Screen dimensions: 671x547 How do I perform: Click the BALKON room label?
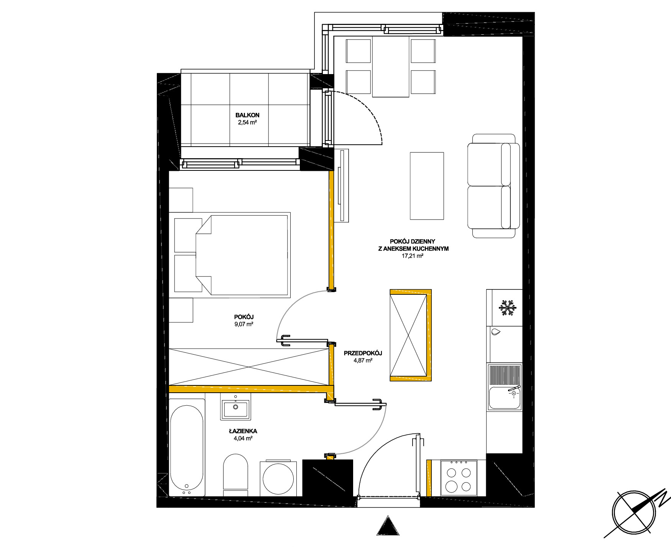(x=247, y=115)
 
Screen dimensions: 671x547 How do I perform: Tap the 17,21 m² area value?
(x=412, y=256)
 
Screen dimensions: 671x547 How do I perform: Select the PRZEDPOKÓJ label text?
(x=363, y=353)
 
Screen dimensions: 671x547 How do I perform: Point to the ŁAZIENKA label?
(x=243, y=431)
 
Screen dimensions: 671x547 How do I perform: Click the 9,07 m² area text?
(x=244, y=324)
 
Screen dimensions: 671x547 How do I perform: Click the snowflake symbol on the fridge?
(x=508, y=308)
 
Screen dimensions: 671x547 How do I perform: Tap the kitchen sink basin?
(x=505, y=398)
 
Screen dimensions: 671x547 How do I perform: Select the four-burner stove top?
(x=459, y=478)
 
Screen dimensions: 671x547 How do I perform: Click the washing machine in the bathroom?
(x=278, y=479)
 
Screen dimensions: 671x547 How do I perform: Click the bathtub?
(x=187, y=448)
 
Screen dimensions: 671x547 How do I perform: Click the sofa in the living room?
(x=493, y=186)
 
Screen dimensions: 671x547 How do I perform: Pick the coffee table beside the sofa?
(x=427, y=186)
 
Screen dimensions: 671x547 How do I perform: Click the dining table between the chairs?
(x=391, y=67)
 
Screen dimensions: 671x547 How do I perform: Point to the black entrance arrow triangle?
(x=388, y=526)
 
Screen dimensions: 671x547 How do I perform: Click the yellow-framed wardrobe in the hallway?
(x=411, y=335)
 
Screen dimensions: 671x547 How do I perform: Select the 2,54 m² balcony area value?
(x=247, y=123)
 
